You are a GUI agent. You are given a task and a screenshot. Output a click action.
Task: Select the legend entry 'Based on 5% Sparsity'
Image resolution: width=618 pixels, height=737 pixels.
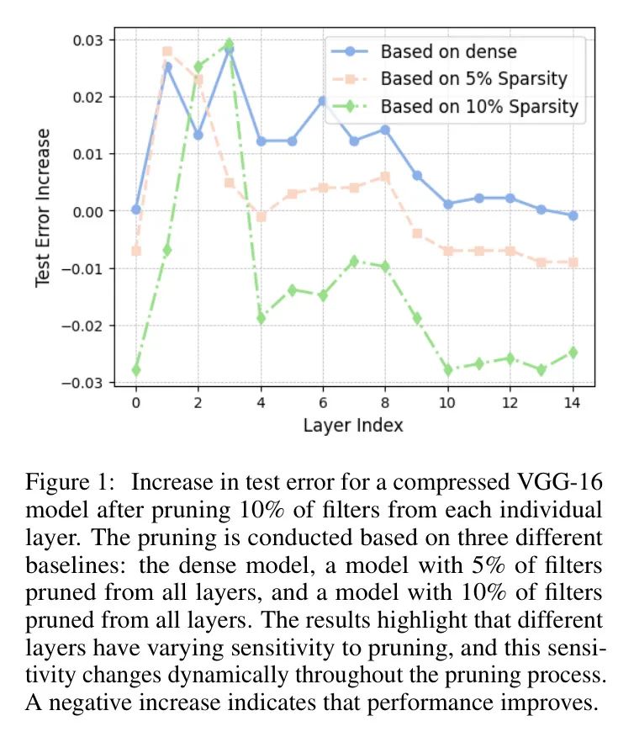click(x=473, y=79)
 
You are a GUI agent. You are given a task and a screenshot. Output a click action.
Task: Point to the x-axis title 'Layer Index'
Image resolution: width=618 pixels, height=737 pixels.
click(x=353, y=425)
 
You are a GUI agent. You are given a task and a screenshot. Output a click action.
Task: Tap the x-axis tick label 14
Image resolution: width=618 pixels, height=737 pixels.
click(x=573, y=402)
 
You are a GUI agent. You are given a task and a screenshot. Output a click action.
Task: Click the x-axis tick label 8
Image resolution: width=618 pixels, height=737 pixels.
click(x=385, y=402)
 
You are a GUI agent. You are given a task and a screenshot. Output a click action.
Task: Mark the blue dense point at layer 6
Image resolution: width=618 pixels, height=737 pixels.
click(x=323, y=101)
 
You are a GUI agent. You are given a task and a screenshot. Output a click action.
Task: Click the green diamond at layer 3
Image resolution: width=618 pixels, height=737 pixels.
click(x=230, y=44)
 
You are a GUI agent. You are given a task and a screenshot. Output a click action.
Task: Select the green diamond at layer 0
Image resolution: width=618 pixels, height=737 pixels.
click(x=136, y=370)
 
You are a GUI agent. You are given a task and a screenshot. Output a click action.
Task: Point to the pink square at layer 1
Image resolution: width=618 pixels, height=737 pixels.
click(x=167, y=51)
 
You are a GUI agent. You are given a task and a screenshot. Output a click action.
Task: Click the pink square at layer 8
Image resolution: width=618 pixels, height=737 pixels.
click(x=385, y=177)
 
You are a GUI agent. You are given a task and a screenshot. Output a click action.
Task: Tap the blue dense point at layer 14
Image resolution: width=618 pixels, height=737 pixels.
click(x=573, y=216)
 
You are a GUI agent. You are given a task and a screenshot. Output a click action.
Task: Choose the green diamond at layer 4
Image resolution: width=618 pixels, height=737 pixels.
click(x=261, y=318)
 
